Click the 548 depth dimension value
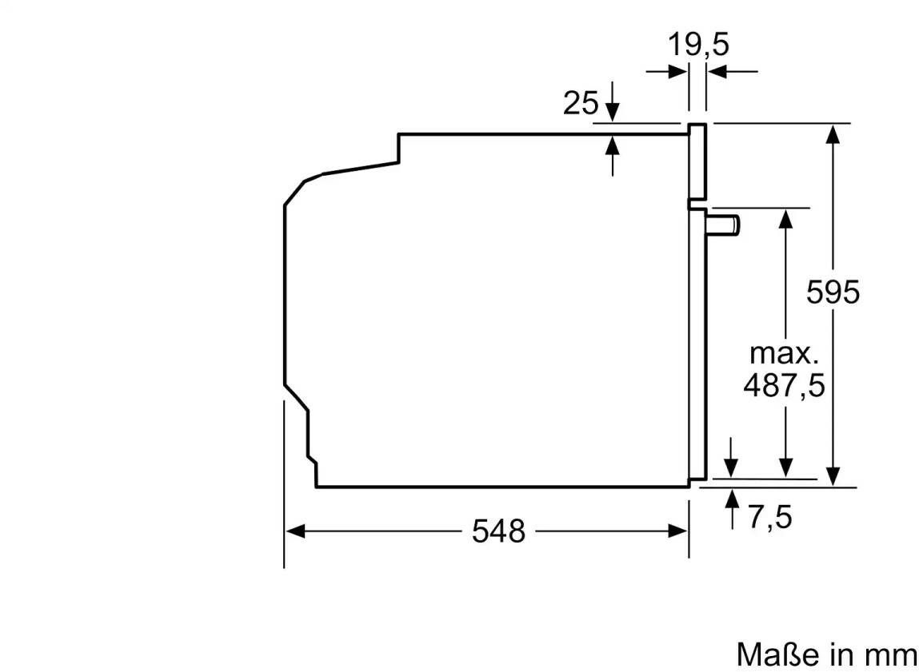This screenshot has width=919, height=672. click(499, 531)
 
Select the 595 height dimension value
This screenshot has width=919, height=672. click(833, 292)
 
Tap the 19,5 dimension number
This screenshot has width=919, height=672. click(698, 45)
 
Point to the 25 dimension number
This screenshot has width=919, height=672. click(581, 103)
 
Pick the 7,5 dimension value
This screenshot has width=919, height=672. click(770, 518)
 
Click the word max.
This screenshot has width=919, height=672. click(784, 353)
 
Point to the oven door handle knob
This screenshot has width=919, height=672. click(725, 225)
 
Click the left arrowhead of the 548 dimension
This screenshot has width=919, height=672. click(295, 531)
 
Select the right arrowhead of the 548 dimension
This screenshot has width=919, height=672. click(677, 531)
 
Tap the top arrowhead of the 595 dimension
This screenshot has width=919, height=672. click(833, 133)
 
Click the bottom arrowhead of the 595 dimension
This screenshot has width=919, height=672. click(833, 476)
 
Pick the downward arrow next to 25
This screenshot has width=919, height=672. click(613, 101)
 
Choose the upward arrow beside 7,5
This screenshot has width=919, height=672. click(732, 509)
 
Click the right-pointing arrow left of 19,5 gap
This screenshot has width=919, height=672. click(667, 71)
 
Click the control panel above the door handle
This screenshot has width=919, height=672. click(697, 162)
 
